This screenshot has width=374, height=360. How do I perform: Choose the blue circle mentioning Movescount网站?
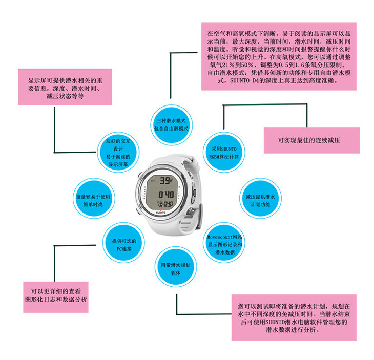225,244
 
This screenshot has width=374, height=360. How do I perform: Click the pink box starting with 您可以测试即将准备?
293,316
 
